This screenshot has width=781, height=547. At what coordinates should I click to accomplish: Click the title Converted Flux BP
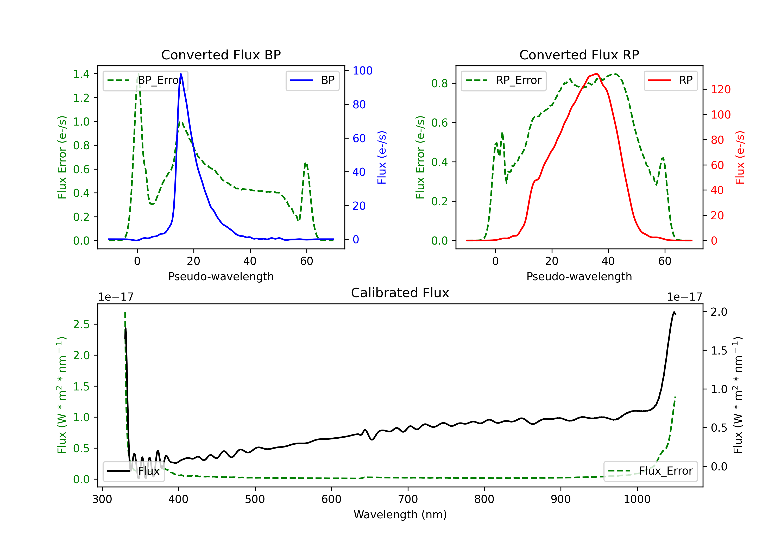221,55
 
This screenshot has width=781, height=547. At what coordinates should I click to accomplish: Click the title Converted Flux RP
579,55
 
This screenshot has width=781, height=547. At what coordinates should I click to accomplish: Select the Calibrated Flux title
400,293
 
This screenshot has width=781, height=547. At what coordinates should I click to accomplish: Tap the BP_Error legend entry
145,80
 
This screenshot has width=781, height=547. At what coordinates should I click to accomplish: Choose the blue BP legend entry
312,80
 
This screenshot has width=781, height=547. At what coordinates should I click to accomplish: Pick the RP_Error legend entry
503,80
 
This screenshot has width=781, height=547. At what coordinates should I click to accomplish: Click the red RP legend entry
670,80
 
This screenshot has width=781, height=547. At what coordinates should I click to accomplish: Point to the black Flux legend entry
133,471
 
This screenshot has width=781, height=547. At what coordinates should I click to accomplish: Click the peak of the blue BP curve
181,74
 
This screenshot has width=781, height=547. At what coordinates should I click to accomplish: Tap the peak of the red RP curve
597,74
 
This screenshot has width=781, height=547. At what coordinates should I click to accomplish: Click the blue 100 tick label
362,71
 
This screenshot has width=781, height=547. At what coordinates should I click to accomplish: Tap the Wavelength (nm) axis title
400,515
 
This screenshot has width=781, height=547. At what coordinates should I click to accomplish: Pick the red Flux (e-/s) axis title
740,157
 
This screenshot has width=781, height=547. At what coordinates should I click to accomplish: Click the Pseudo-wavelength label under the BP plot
221,276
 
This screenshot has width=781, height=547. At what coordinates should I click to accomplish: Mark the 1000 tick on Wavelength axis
637,499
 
